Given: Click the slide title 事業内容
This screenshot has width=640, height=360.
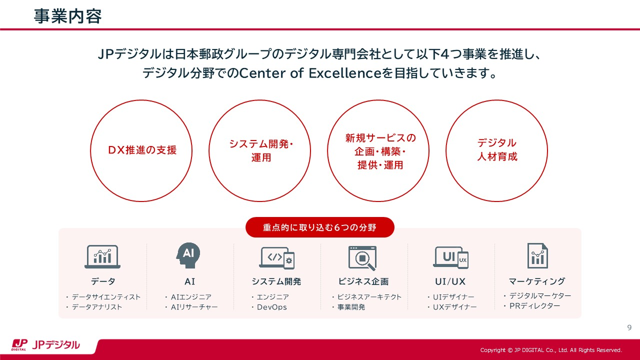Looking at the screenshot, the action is pyautogui.click(x=67, y=16).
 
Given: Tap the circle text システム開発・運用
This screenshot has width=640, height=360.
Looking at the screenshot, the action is pyautogui.click(x=261, y=150).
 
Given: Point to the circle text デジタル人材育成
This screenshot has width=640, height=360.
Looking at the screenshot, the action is pyautogui.click(x=497, y=149).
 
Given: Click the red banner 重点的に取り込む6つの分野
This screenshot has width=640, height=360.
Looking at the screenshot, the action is pyautogui.click(x=319, y=227).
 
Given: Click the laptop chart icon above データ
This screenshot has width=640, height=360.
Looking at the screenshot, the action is pyautogui.click(x=102, y=256).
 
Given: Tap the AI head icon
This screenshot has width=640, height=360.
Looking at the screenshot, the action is pyautogui.click(x=188, y=255).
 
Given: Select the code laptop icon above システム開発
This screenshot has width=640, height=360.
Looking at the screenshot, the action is pyautogui.click(x=277, y=258).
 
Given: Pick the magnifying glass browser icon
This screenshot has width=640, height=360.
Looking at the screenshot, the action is pyautogui.click(x=362, y=258).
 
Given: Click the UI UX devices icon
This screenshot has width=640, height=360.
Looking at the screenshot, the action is pyautogui.click(x=450, y=257).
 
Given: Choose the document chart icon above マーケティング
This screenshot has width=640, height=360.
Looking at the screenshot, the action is pyautogui.click(x=537, y=255).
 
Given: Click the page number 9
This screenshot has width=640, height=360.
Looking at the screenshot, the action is pyautogui.click(x=629, y=327).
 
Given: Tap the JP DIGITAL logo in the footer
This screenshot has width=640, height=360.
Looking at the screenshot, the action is pyautogui.click(x=45, y=345).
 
